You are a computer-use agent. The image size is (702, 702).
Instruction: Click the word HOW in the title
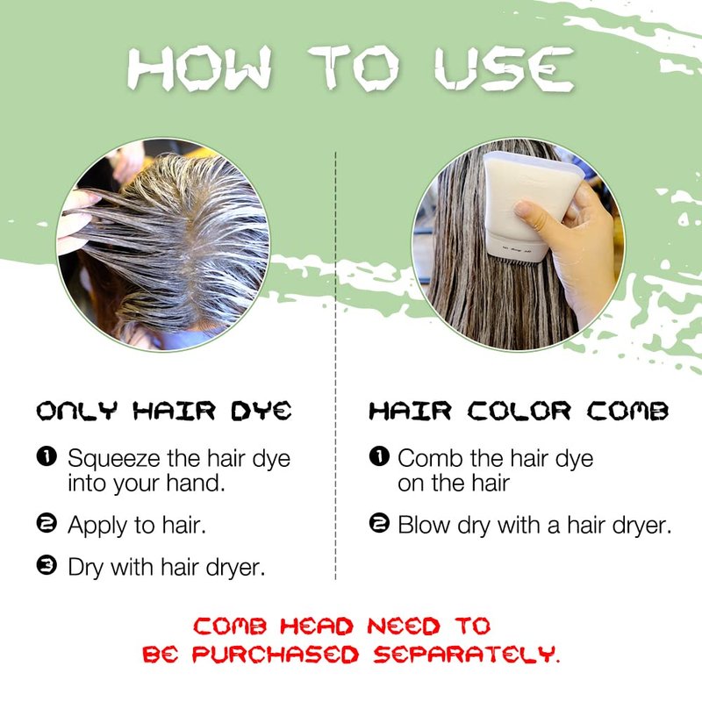click(200, 68)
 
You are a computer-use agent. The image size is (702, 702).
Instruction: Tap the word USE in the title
click(504, 68)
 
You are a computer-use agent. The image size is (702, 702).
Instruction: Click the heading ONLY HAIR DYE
click(164, 411)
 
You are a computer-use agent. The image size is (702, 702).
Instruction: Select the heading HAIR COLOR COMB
click(519, 411)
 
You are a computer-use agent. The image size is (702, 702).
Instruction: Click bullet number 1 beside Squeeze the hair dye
click(47, 456)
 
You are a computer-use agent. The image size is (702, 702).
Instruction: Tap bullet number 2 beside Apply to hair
click(47, 523)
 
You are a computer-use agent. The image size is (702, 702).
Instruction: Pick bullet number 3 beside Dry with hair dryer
click(47, 565)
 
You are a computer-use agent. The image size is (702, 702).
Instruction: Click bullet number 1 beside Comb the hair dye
click(379, 456)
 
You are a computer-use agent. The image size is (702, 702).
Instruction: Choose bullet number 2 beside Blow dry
click(379, 523)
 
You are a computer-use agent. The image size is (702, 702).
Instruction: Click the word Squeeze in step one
click(114, 459)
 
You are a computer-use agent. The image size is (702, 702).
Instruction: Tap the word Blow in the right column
click(424, 525)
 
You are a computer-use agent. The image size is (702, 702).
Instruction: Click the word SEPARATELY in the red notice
click(467, 655)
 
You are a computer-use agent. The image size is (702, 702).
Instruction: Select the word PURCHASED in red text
click(276, 655)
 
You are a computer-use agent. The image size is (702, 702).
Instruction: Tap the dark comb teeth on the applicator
click(515, 261)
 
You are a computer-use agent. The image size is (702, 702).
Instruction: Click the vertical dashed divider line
click(335, 366)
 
